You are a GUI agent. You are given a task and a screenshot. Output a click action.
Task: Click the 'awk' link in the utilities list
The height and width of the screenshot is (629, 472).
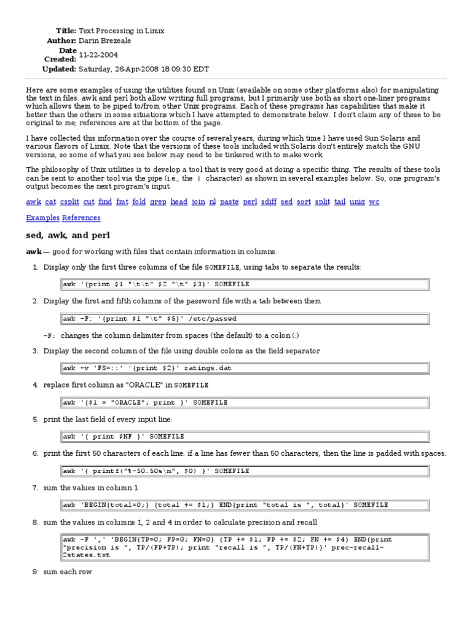point(33,201)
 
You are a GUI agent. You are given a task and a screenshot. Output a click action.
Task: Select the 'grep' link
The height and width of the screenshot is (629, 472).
point(157,201)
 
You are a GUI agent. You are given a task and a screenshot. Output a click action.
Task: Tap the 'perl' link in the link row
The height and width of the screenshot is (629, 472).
point(250,201)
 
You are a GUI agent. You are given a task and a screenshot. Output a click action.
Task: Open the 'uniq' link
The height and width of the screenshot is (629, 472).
point(357,201)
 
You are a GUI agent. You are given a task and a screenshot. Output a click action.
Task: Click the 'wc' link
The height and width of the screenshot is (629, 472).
point(374,201)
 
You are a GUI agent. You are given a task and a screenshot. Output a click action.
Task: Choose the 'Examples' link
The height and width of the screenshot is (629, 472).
point(42,217)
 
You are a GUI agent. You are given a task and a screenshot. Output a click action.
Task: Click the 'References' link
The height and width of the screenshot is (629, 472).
point(81,217)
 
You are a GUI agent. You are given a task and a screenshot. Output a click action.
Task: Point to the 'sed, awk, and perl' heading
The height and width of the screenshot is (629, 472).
point(68,235)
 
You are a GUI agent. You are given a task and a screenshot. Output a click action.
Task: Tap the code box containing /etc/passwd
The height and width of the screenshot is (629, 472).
point(244,318)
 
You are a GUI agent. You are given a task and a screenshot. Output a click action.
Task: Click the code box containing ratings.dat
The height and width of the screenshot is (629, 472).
point(244,369)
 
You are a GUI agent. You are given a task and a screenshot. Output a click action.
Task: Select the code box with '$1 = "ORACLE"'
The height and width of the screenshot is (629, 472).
point(244,402)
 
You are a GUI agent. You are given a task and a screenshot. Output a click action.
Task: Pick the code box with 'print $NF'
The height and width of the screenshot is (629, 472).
point(244,437)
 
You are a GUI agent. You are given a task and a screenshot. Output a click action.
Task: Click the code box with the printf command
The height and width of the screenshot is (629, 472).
point(244,471)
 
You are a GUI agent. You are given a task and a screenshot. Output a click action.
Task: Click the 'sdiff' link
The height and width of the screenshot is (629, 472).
point(269,201)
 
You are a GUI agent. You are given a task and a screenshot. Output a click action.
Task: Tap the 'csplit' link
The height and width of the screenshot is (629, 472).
point(69,201)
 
